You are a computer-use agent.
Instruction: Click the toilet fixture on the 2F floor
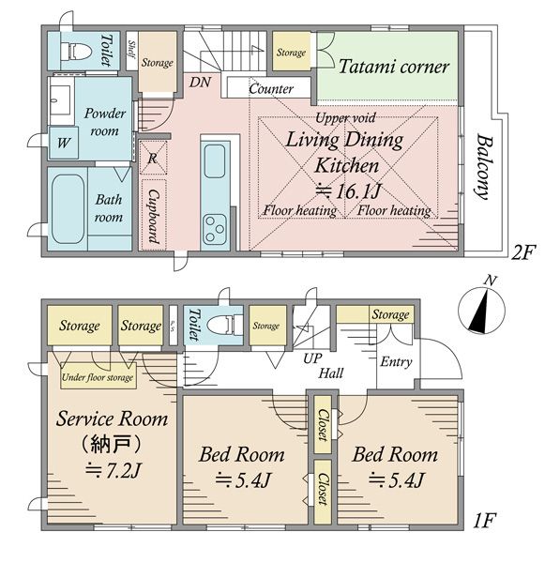76,51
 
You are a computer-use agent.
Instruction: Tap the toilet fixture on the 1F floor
226,324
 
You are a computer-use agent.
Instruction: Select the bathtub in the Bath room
68,209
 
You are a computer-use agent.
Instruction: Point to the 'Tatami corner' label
393,67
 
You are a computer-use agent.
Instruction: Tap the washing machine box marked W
64,143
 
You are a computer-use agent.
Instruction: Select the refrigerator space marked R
153,158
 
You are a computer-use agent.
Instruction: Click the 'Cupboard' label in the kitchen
154,217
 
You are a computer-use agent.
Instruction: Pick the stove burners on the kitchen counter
215,230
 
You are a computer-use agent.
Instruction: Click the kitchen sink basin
215,161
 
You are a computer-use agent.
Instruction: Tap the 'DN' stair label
200,83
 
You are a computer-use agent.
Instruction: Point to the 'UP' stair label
312,358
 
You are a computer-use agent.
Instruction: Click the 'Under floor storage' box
98,376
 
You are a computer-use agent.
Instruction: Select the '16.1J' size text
358,191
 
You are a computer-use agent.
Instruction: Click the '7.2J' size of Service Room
122,470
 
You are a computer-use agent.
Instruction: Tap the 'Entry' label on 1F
396,362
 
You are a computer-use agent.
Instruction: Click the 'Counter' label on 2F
271,88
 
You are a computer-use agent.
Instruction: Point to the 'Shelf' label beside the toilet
132,50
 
